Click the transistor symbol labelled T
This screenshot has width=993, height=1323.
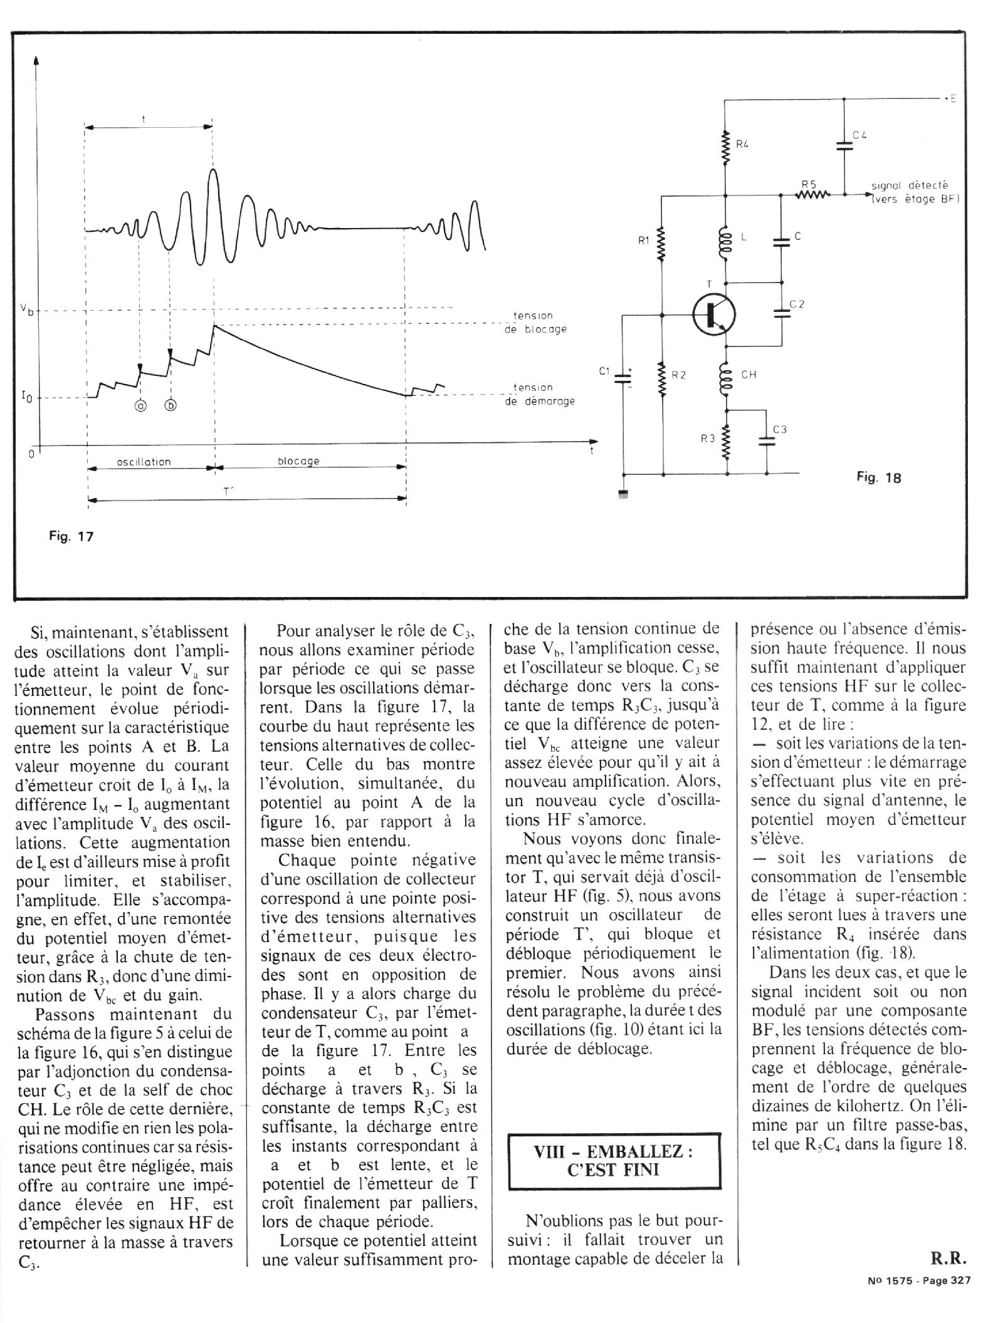click(x=713, y=315)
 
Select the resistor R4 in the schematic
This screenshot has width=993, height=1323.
click(x=726, y=148)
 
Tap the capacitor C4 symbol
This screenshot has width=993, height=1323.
click(x=844, y=145)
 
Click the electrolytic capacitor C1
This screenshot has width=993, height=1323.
click(x=623, y=377)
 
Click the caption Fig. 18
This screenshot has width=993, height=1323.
click(x=879, y=478)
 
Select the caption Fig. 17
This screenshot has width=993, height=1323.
click(x=71, y=536)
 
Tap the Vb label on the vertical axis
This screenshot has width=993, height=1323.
click(x=26, y=308)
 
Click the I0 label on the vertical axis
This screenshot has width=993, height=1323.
click(x=28, y=397)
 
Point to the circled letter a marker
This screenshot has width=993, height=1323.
click(x=140, y=405)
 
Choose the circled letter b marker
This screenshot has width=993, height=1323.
click(x=171, y=405)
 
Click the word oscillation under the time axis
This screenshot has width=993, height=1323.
click(x=144, y=462)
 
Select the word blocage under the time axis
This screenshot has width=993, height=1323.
click(x=298, y=461)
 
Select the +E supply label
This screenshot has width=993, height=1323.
click(x=950, y=99)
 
